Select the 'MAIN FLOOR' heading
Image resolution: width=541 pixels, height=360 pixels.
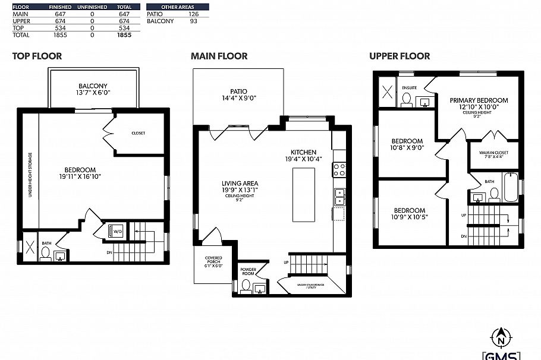point(219,56)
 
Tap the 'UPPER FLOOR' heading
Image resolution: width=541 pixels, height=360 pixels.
point(399,56)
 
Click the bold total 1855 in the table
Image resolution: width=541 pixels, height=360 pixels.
point(124,35)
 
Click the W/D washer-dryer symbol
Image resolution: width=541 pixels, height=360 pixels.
point(115,232)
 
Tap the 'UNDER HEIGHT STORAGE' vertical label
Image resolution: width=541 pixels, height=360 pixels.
point(30,176)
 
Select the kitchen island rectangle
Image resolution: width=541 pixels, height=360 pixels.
point(303,194)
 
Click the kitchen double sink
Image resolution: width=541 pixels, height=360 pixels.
point(339,197)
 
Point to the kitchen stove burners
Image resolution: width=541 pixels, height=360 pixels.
point(339,170)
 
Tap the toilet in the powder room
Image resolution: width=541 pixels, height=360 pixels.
point(245,286)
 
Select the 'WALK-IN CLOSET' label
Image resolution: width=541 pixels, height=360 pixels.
point(493,154)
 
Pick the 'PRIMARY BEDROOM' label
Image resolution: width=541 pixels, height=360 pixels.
point(479,100)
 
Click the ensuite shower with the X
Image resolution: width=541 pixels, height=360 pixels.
point(386,92)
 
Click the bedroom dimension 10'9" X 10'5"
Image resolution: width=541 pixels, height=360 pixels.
point(410,217)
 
